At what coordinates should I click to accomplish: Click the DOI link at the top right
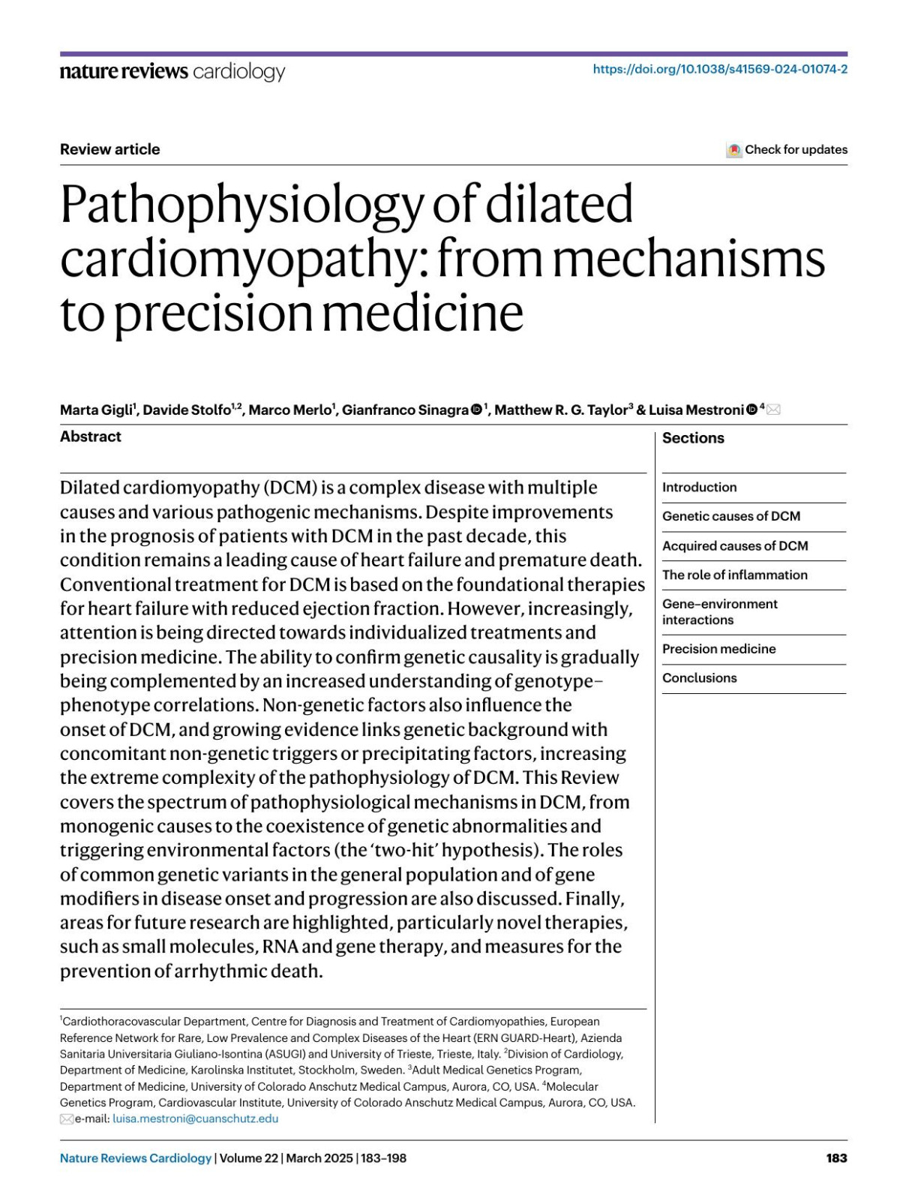tap(720, 69)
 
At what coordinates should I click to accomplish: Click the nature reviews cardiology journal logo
tap(172, 71)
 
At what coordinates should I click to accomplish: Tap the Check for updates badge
tap(787, 149)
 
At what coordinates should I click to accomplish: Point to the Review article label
tap(110, 149)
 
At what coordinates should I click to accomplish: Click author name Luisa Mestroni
tap(696, 410)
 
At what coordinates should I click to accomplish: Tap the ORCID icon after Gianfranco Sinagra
tap(476, 410)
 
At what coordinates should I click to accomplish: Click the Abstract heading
tap(91, 437)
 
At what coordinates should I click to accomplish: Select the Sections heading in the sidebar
tap(693, 438)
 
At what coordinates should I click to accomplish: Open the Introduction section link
tap(699, 488)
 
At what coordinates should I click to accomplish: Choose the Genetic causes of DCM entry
tap(730, 516)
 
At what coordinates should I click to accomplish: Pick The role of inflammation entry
tap(734, 575)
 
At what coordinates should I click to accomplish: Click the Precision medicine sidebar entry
tap(718, 649)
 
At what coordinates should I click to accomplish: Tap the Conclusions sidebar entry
tap(699, 678)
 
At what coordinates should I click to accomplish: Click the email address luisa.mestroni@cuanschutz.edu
tap(195, 1118)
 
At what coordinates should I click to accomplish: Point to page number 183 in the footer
tap(836, 1158)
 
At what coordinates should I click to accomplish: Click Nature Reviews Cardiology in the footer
tap(136, 1158)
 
